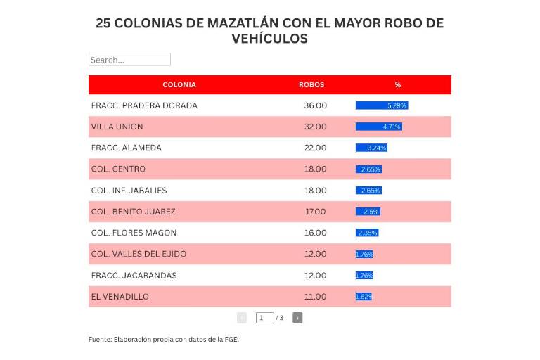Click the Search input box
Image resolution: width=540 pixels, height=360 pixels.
point(129,60)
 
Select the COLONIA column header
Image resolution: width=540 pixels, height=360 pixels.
point(179,84)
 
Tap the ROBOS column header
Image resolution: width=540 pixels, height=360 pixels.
point(311,84)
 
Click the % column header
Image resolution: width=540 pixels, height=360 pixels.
point(398,84)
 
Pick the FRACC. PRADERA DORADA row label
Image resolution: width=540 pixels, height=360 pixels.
point(144,105)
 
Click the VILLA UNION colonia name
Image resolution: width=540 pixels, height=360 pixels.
point(117,127)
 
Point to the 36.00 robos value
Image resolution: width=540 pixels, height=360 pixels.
point(315,105)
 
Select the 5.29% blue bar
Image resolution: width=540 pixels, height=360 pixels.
point(382,105)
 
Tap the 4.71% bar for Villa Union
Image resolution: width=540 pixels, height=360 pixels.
point(379,127)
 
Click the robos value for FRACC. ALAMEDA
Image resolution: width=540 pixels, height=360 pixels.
point(315,148)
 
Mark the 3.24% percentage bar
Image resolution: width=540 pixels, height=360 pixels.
point(371,148)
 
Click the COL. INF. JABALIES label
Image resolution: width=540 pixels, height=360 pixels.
point(129,191)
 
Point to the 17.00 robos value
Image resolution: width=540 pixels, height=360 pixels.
point(315,212)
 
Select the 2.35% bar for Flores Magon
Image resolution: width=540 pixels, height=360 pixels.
point(367,233)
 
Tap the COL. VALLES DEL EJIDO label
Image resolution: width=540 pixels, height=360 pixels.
point(139,254)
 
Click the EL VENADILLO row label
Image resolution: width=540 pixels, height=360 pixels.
point(120,297)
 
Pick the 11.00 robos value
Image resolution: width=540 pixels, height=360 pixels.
point(315,297)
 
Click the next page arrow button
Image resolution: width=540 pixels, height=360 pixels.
point(297,318)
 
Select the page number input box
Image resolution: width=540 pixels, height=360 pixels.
point(264,318)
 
